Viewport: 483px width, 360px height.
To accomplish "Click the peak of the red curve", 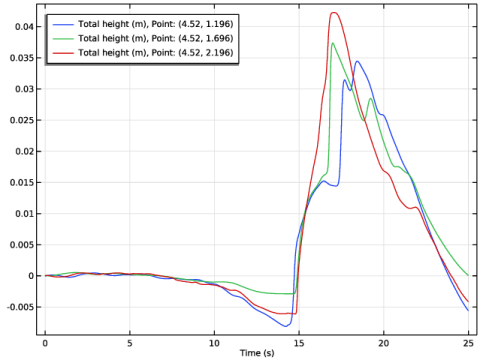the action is (334, 13).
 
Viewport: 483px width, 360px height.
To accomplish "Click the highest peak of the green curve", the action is (332, 43).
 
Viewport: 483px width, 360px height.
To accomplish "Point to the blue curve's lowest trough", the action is (285, 326).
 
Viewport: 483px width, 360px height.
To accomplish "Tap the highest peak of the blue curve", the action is (357, 61).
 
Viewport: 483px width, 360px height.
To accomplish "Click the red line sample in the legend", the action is (63, 53).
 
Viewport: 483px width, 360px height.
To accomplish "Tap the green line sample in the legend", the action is (63, 39).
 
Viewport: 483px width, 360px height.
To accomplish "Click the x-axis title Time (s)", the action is (257, 353).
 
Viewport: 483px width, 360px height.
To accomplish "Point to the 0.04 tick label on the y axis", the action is (24, 27).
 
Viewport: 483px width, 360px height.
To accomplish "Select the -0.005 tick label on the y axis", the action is (20, 307).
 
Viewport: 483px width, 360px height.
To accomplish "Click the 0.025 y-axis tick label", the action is (21, 120).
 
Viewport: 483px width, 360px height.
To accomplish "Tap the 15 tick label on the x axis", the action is (299, 343).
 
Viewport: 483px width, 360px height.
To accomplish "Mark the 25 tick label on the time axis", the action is (468, 343).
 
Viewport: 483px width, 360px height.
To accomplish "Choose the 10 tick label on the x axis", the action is (214, 343).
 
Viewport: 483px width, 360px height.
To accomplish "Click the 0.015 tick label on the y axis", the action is (21, 183).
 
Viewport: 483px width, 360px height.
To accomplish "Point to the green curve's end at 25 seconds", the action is (468, 275).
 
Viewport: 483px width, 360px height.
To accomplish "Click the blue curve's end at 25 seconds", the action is (468, 310).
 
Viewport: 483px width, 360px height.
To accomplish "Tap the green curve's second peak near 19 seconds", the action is (370, 99).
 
